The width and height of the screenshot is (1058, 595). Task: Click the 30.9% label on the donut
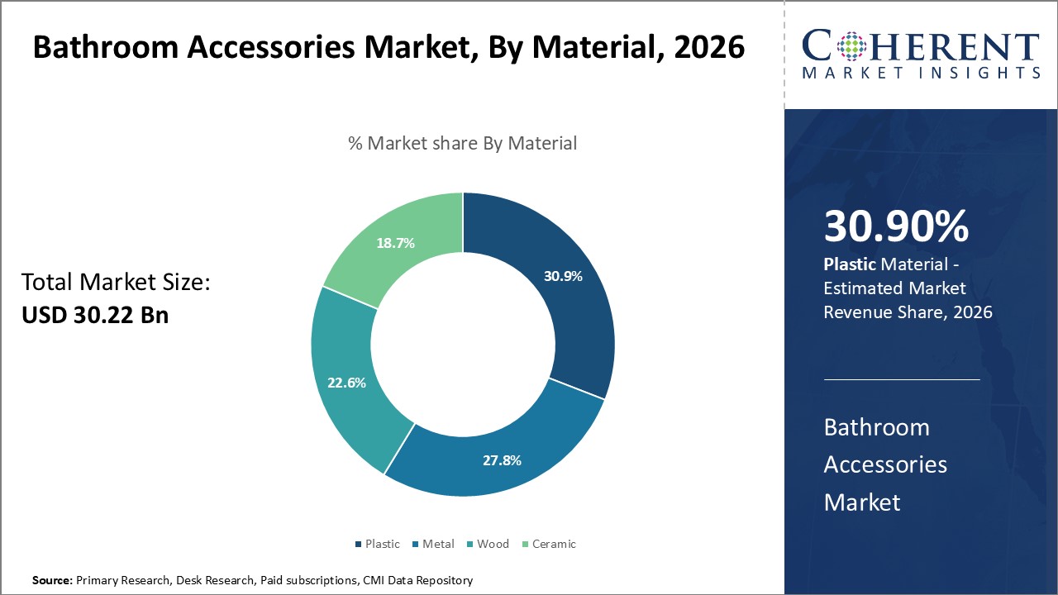563,276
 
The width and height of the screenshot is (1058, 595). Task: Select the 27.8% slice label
502,460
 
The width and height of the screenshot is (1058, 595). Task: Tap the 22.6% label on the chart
347,383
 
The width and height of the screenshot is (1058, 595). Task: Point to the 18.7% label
395,243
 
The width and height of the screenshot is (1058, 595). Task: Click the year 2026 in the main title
709,47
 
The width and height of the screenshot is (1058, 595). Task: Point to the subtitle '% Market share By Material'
462,143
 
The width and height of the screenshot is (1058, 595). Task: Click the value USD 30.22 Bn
95,314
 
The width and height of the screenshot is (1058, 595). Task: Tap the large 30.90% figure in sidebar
896,227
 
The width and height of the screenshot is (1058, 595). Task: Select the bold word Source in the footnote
52,581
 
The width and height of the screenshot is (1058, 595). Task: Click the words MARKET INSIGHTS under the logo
921,73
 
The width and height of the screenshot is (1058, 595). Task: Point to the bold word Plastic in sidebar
850,264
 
